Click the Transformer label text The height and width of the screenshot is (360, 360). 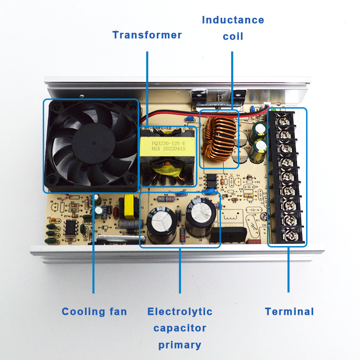(x=147, y=35)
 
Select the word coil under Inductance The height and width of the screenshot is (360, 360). (x=233, y=36)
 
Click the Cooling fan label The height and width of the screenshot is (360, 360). (x=94, y=312)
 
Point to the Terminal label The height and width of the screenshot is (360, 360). (x=289, y=312)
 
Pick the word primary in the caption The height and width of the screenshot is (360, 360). (x=180, y=345)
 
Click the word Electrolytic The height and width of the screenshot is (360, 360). (x=180, y=312)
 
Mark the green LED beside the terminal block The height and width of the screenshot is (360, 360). (x=274, y=109)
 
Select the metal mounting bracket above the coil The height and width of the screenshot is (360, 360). (x=199, y=97)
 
